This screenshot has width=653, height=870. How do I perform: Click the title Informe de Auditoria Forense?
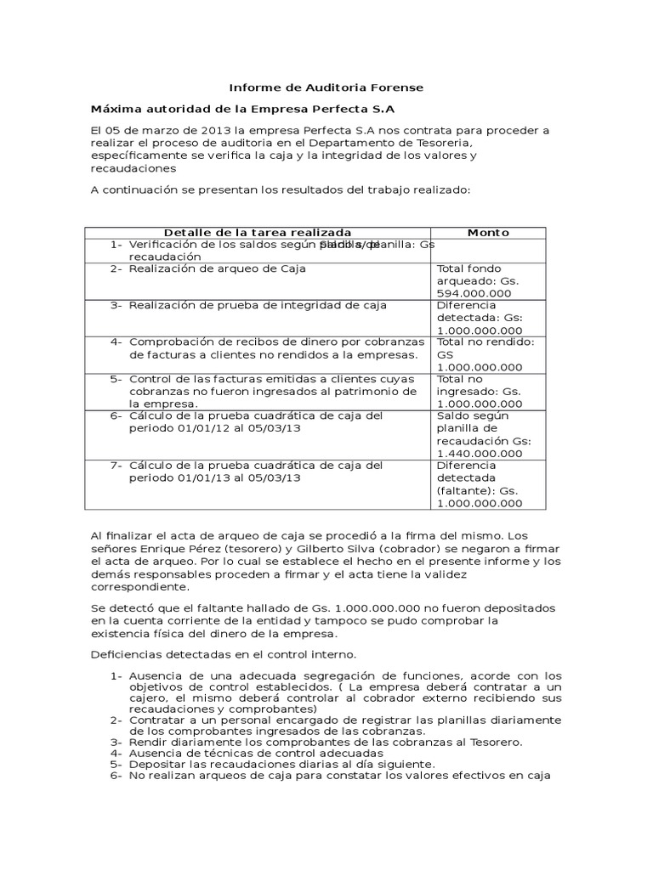(x=326, y=88)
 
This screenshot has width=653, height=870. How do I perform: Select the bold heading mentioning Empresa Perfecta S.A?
(x=242, y=109)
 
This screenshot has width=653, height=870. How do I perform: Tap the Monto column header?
(x=488, y=232)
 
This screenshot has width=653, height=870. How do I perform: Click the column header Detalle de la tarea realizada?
(x=257, y=232)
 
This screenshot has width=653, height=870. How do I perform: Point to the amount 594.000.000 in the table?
(x=480, y=293)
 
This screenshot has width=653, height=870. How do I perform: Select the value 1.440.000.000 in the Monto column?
(x=480, y=454)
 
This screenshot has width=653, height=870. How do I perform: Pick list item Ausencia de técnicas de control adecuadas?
(x=256, y=753)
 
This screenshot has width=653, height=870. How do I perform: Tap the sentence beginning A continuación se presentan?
(x=280, y=189)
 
